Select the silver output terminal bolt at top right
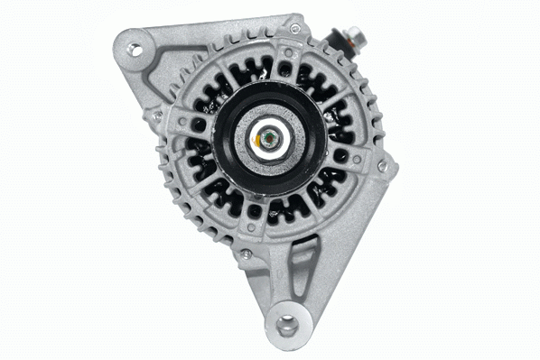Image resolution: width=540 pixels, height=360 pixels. click(353, 40)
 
